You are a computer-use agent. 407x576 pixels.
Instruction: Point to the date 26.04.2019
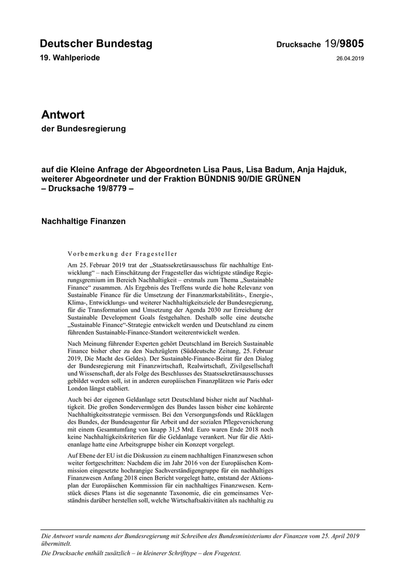pyautogui.click(x=350, y=59)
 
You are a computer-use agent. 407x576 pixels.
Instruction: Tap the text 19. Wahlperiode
pyautogui.click(x=70, y=58)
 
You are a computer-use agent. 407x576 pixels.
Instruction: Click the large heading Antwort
pyautogui.click(x=63, y=115)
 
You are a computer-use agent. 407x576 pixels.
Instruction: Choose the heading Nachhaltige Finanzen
pyautogui.click(x=84, y=221)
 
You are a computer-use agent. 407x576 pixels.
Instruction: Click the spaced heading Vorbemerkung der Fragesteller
pyautogui.click(x=123, y=254)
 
